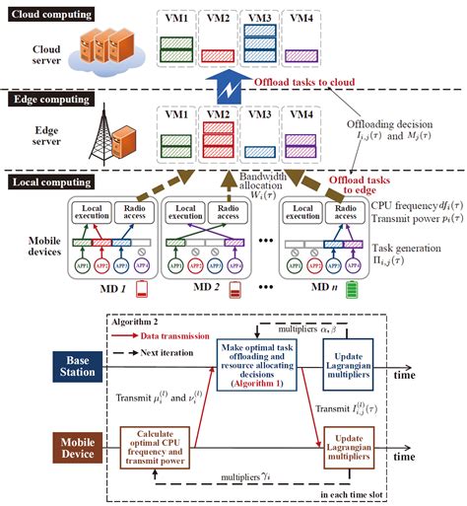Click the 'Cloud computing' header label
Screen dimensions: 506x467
coord(50,16)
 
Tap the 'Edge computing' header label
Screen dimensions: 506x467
coord(48,99)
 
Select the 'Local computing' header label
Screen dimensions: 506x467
coord(50,182)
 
